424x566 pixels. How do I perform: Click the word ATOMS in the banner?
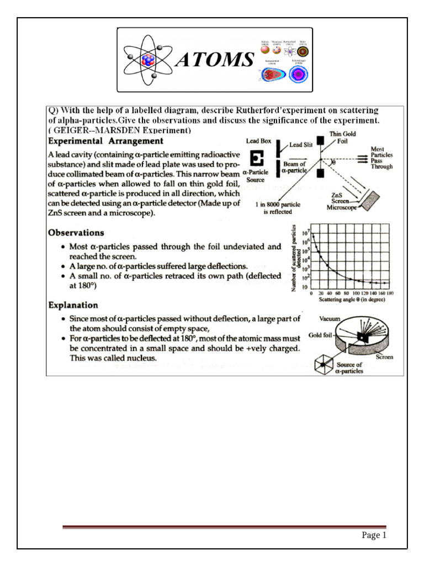pos(215,60)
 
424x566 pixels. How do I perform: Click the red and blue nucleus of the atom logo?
pos(149,59)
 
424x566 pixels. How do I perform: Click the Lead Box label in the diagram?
pos(258,141)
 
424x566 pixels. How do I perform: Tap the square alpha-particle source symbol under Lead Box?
pos(256,159)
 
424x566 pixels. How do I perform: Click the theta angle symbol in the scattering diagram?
pos(333,163)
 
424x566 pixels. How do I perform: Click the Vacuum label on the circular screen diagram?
pos(330,319)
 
